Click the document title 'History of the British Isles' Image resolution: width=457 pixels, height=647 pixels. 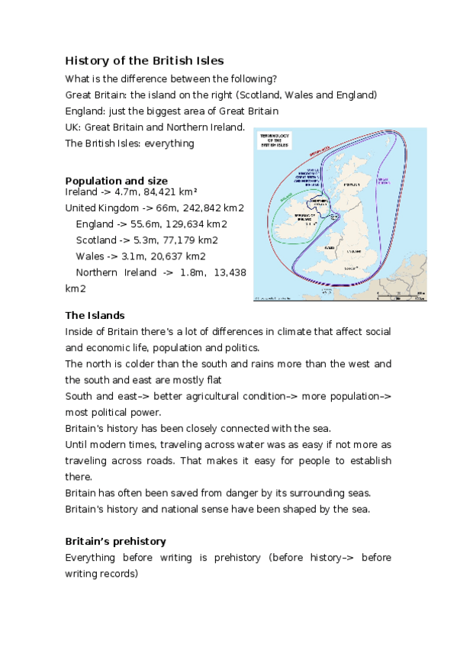click(x=144, y=60)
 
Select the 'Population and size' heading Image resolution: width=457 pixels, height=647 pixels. click(x=116, y=181)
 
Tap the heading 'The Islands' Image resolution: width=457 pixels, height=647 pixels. click(x=95, y=315)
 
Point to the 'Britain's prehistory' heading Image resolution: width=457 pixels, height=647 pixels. click(x=115, y=541)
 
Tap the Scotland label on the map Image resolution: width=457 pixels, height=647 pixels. click(x=352, y=184)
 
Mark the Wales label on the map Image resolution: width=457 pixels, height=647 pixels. click(x=329, y=248)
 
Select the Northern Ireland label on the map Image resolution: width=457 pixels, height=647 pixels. click(x=318, y=204)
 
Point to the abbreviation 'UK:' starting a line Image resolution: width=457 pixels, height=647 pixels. click(x=74, y=127)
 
